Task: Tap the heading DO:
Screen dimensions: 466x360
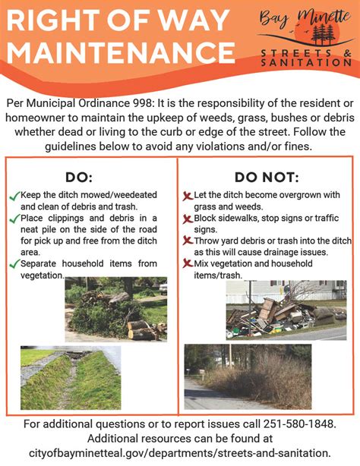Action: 78,178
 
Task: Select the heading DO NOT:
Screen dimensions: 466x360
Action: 265,178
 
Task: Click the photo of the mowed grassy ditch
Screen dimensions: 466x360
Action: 71,379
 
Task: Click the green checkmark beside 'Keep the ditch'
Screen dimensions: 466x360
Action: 14,196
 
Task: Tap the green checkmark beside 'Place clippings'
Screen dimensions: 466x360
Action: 14,219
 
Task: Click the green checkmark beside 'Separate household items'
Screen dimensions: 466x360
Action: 14,264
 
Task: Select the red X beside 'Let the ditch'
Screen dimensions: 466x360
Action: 188,196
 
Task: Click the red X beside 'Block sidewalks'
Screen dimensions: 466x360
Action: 188,219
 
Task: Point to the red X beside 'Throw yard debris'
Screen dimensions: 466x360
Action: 188,241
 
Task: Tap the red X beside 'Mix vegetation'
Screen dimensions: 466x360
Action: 188,263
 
